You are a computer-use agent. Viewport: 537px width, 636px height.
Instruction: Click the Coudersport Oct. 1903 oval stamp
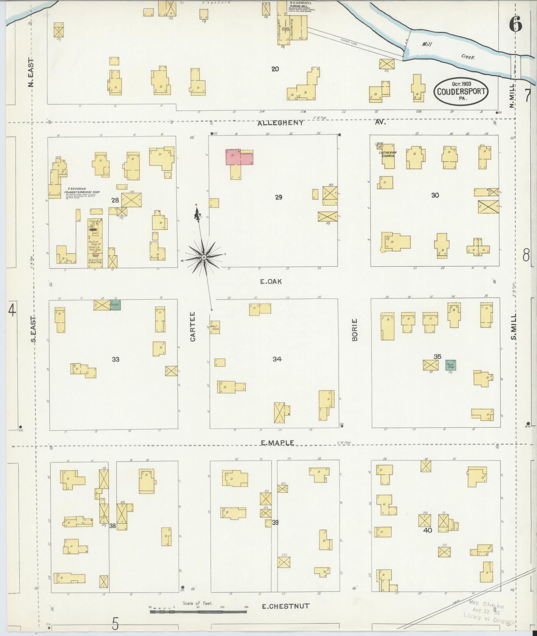pos(461,91)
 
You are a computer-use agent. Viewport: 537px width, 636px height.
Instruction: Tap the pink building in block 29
pos(239,157)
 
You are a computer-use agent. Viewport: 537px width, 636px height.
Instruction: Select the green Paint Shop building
pos(451,365)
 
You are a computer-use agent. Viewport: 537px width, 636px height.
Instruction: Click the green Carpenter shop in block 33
pos(115,305)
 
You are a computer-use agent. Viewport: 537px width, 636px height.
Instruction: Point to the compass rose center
pos(203,258)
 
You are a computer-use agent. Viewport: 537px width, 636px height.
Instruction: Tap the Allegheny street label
pos(281,123)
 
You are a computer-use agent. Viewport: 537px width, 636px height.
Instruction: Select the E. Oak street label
pos(271,282)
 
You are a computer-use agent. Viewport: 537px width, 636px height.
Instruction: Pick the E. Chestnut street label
pos(285,606)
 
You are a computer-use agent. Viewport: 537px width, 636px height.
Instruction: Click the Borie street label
pos(355,330)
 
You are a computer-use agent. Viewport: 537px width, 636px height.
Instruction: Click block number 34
pos(277,359)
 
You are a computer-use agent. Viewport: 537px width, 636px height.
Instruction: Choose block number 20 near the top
pos(275,69)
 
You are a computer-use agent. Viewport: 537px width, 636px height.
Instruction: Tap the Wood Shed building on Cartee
pos(214,327)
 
